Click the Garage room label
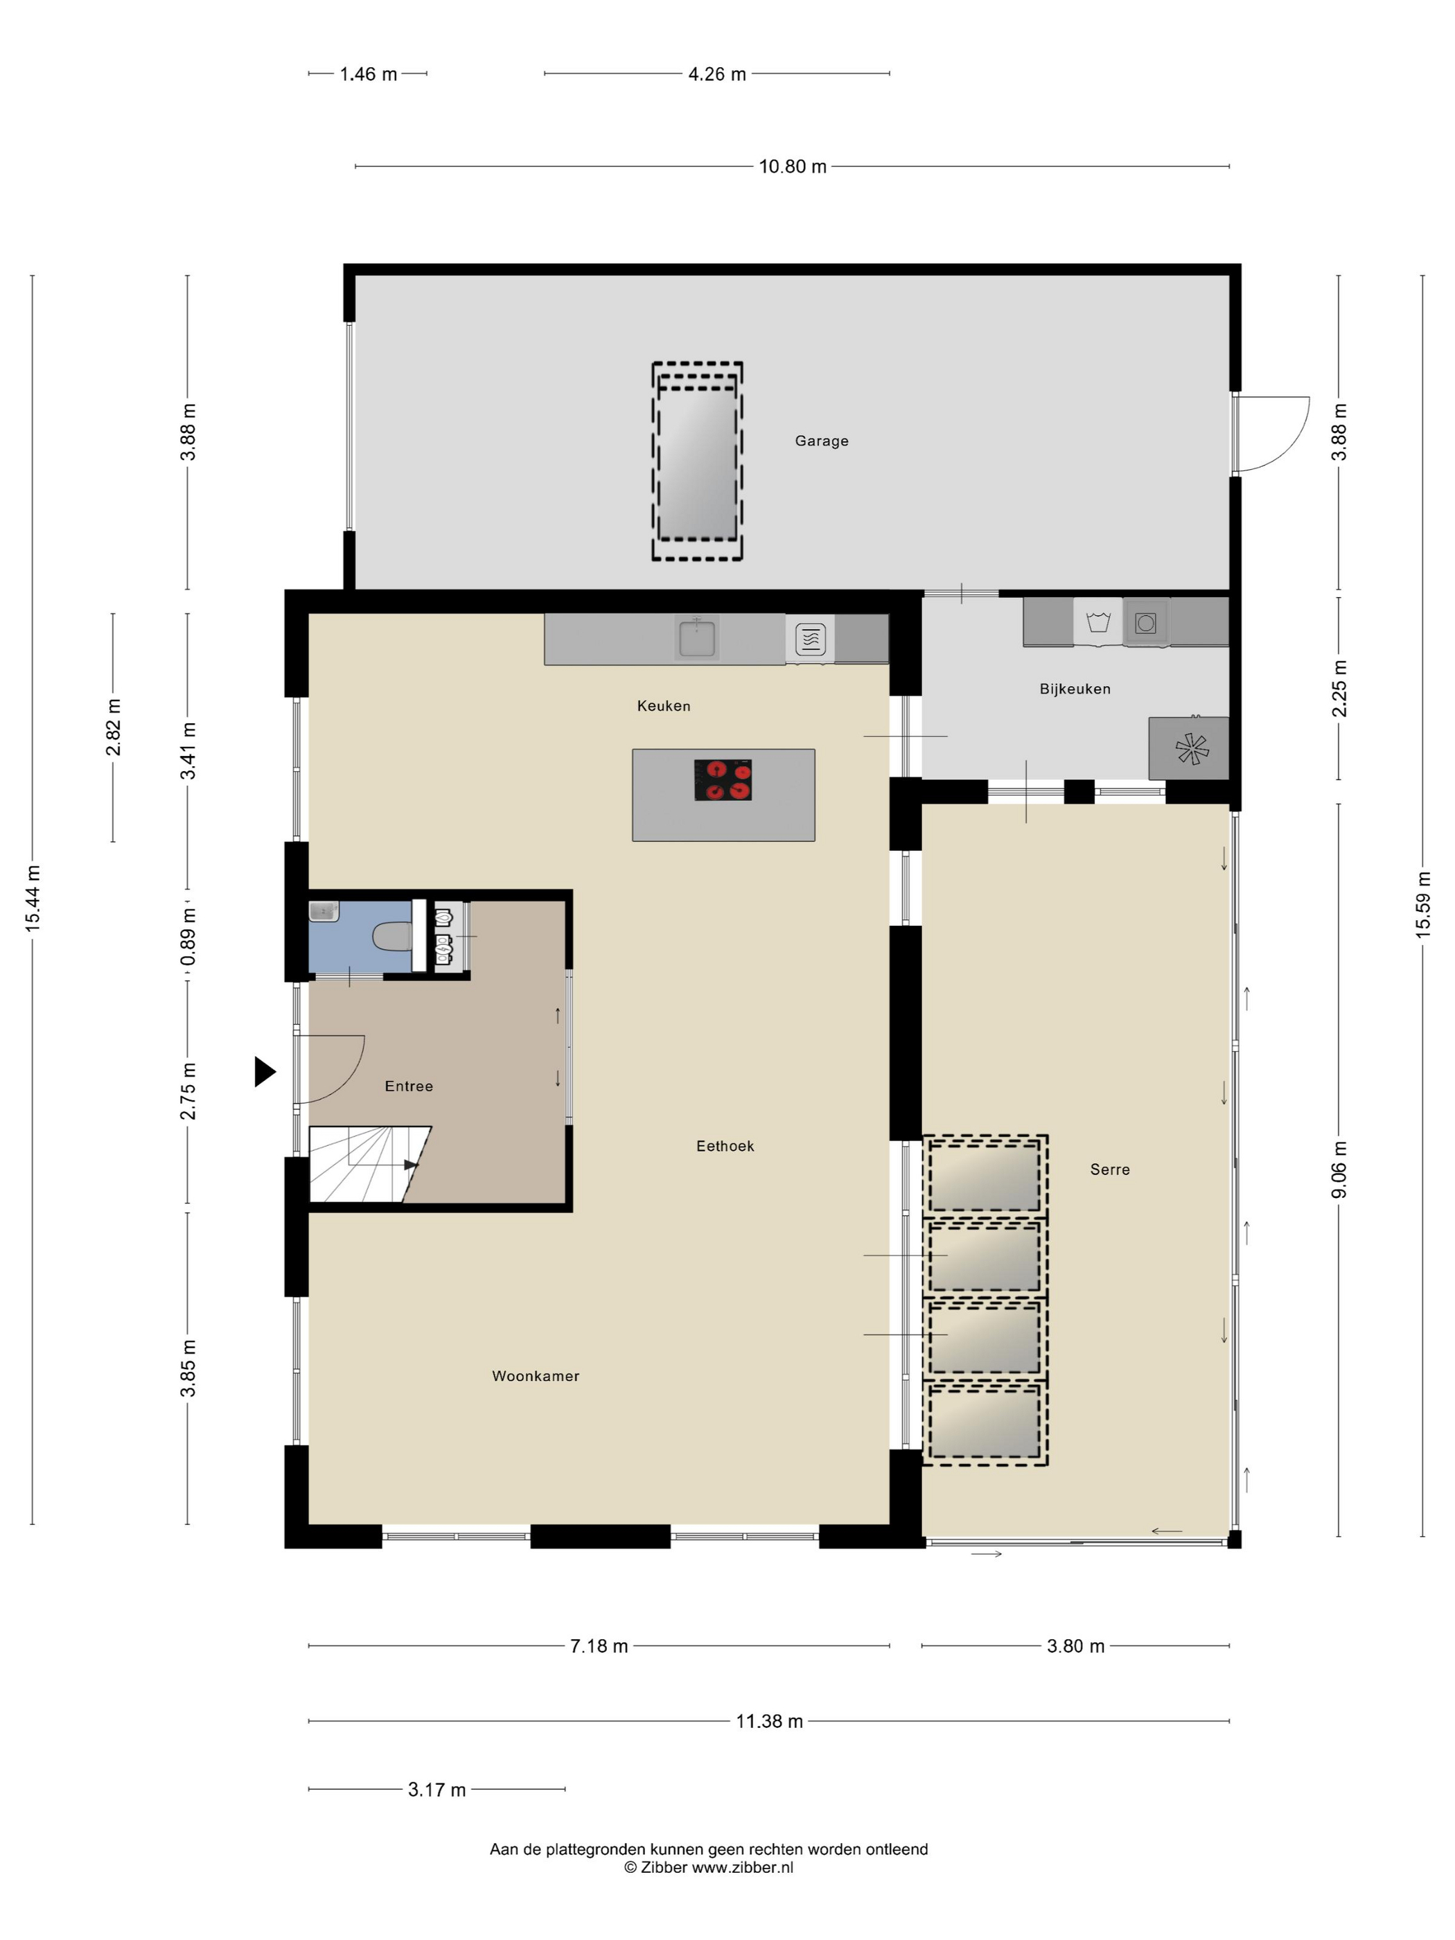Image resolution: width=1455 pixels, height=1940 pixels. pos(821,441)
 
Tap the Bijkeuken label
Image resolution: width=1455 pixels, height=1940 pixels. pos(1075,689)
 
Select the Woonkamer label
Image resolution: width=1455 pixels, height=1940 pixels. pos(535,1376)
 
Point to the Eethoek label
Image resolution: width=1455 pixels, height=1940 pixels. pos(725,1146)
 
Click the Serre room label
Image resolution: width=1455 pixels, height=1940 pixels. pos(1109,1170)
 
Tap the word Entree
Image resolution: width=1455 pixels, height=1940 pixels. pos(409,1086)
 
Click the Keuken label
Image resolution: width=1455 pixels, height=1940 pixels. pos(663,706)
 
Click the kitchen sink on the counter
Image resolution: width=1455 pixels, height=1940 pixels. pos(697,637)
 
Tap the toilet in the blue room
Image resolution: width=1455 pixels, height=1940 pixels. pos(392,937)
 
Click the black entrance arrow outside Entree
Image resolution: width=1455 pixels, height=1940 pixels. pos(265,1072)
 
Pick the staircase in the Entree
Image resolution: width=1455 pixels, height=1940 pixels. pos(369,1165)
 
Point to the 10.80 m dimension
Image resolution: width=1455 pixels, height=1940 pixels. pos(793,167)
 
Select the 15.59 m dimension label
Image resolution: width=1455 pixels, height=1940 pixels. pos(1422,905)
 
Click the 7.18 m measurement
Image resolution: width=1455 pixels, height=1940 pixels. pos(599,1646)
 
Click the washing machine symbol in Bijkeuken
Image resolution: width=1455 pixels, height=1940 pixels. pos(1098,623)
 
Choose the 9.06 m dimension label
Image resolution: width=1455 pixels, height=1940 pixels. pos(1339,1170)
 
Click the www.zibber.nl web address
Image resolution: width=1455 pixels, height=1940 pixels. pos(742,1868)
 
